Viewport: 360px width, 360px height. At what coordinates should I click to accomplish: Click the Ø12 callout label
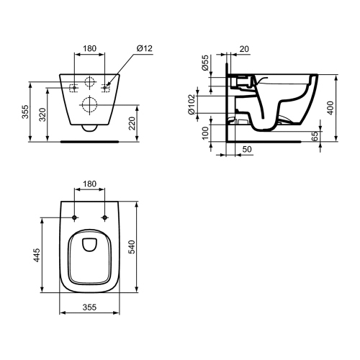point(145,48)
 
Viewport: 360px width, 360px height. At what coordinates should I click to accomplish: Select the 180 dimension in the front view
point(89,48)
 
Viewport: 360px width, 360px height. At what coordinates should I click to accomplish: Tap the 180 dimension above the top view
point(89,184)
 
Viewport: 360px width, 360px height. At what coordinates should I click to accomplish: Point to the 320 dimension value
point(42,114)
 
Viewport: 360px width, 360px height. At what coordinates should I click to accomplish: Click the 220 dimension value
point(132,123)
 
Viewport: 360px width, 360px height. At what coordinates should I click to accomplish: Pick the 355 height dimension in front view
point(25,112)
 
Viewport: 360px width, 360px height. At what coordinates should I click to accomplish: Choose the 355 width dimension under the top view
point(89,307)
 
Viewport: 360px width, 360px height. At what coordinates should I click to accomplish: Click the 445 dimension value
point(37,255)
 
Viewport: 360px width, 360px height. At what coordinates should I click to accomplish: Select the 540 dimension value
point(132,247)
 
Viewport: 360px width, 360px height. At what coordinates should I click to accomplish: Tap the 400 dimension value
point(330,108)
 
